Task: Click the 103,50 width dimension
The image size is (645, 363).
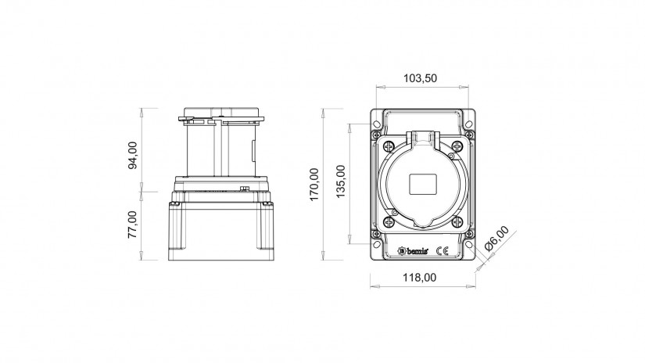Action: pos(420,78)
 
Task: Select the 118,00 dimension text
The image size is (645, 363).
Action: pos(419,278)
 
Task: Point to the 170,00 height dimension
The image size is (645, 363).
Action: pos(314,185)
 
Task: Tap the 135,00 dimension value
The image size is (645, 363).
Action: pos(341,181)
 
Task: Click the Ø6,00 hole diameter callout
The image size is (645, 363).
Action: pos(496,239)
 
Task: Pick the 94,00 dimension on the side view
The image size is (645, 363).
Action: pos(133,155)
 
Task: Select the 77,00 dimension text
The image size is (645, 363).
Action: pos(132,225)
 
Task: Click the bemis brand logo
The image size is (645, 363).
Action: pos(413,250)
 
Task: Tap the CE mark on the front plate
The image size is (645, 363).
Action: pos(443,250)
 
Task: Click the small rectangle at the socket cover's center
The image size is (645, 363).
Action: pos(422,184)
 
